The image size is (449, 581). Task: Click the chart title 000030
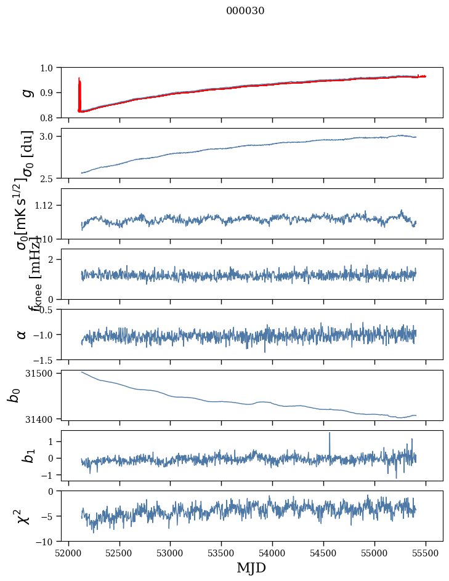245,11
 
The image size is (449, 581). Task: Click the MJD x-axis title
251,567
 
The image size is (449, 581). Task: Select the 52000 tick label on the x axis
68,552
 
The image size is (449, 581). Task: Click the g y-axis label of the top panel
26,92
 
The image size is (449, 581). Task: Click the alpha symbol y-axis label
22,334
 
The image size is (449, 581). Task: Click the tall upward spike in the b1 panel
330,434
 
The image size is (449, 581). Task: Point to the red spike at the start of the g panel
79,83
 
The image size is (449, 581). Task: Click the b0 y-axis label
14,395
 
